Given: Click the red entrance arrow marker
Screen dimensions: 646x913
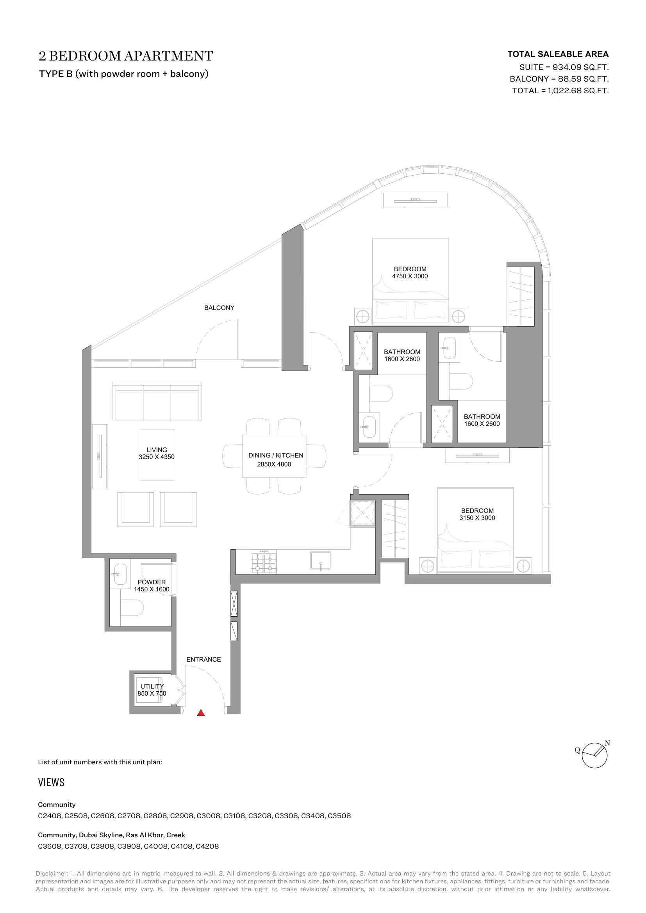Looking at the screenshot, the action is point(201,713).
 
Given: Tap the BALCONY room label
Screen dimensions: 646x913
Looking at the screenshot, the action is point(219,308).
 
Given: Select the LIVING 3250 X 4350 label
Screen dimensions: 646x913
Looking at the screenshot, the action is point(157,453).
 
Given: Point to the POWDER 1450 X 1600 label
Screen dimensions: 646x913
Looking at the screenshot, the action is point(152,586).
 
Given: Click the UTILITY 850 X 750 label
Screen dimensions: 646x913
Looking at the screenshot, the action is point(152,690).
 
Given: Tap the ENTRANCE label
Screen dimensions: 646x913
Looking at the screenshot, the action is point(203,659).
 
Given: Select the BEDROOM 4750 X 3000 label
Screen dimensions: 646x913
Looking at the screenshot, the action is point(410,273).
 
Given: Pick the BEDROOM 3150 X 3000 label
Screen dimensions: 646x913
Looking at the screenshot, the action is point(477,514).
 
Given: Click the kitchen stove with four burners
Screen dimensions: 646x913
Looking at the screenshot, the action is point(263,561).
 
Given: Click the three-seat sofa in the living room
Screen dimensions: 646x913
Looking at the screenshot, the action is point(157,401).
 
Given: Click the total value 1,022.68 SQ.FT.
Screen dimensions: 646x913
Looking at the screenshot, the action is point(578,91).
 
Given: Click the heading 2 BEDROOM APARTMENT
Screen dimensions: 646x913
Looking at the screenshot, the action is point(126,56).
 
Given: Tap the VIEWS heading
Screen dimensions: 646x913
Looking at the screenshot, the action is point(51,783).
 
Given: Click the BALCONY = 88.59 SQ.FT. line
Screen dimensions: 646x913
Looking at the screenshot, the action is point(559,79).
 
